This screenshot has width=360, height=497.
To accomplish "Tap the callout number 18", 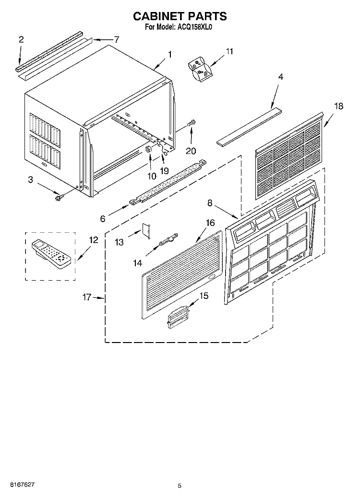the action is pos(338,106).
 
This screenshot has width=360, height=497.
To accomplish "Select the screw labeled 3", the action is pos(58,198).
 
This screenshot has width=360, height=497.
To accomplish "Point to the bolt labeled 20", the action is pos(192,122).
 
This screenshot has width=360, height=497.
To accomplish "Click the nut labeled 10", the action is pos(147,149).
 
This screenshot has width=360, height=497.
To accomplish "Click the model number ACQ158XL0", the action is pos(192,27).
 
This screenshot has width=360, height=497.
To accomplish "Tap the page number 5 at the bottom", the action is pos(180,485).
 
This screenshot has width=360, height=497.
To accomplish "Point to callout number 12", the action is pos(94,240).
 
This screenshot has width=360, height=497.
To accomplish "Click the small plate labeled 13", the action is pos(146,230).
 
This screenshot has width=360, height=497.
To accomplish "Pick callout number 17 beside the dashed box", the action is pos(87,297).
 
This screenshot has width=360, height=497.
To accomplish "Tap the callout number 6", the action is pos(102,218).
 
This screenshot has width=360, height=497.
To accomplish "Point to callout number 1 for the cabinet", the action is pos(170,55).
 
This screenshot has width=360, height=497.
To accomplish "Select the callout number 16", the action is pos(210,223).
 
